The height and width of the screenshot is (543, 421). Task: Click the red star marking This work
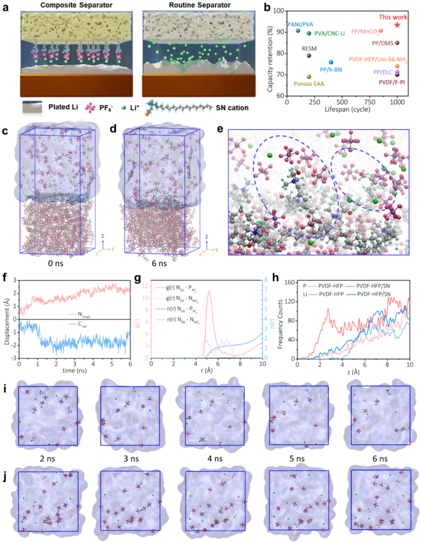click(397, 25)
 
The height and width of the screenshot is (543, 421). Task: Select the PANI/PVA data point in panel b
click(298, 31)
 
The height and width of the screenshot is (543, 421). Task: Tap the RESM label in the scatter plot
click(309, 49)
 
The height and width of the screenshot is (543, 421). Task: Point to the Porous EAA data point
click(309, 77)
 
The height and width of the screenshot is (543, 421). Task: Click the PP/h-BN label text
click(331, 70)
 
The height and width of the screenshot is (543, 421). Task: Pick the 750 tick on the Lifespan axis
click(370, 102)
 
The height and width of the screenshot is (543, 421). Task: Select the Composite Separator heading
click(76, 5)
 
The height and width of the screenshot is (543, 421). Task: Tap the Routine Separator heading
click(200, 5)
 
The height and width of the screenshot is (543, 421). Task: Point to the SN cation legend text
click(232, 108)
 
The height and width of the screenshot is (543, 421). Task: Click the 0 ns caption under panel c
click(55, 264)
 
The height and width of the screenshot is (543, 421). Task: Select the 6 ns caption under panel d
click(159, 264)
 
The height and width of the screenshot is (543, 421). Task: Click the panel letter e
click(220, 129)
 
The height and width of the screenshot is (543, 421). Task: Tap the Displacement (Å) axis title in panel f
click(7, 319)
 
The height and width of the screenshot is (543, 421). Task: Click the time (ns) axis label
click(74, 370)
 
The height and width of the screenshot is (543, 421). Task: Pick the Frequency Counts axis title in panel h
click(280, 324)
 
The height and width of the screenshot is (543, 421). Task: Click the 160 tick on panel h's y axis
click(290, 283)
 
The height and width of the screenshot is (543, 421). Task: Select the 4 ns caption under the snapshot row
click(215, 459)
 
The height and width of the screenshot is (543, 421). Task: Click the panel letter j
click(5, 476)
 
